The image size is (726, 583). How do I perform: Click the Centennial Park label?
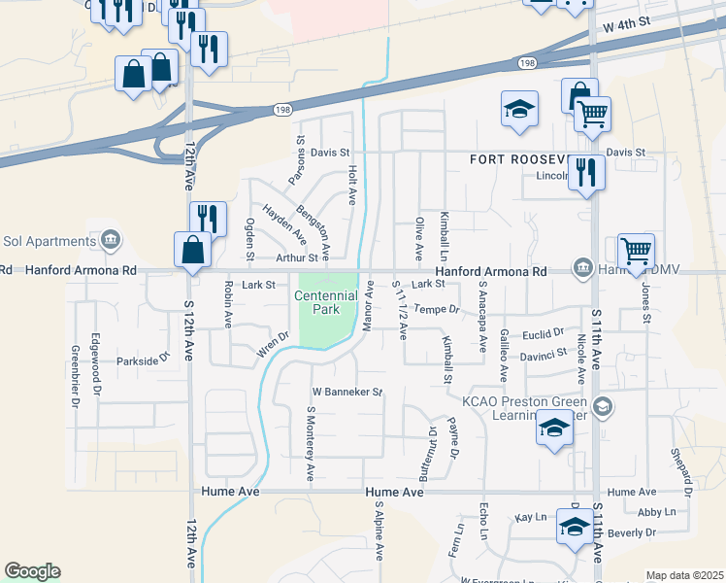[x=320, y=302]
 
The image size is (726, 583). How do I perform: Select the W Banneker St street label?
[x=347, y=393]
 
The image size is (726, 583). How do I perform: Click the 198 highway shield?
[x=526, y=62]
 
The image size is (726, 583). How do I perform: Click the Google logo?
[x=32, y=570]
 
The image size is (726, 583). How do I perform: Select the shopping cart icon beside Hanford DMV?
[x=636, y=252]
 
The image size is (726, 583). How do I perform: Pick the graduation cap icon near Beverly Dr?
[x=575, y=529]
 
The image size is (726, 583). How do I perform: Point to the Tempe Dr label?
[x=436, y=309]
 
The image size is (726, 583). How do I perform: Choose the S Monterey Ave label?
[x=312, y=443]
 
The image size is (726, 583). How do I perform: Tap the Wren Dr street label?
[x=273, y=344]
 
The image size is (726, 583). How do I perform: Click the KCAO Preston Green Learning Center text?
[x=524, y=410]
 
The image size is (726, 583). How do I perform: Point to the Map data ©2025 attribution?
[x=684, y=575]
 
